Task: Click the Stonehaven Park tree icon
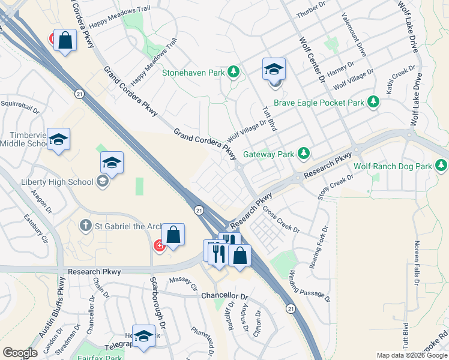click(x=234, y=74)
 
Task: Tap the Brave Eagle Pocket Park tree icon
click(x=374, y=102)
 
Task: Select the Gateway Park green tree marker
click(x=304, y=154)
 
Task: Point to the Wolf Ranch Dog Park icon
click(x=442, y=165)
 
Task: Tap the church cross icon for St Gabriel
click(x=86, y=226)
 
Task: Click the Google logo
click(x=20, y=353)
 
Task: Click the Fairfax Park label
click(x=99, y=357)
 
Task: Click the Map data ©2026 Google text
click(x=411, y=355)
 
